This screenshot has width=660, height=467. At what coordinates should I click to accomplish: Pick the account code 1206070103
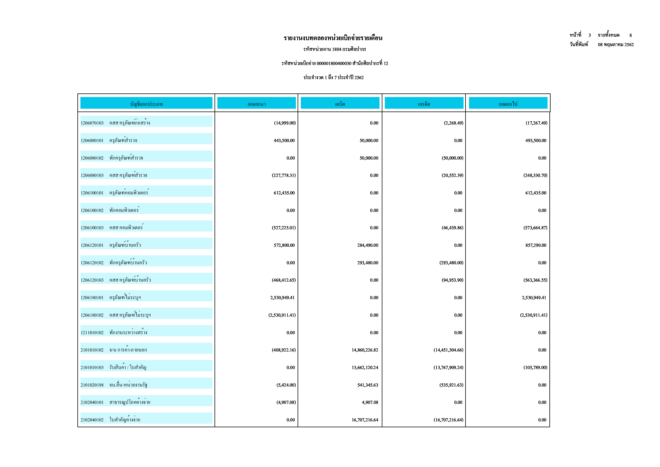[x=92, y=123]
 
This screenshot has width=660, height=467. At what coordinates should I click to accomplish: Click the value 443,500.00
[x=284, y=141]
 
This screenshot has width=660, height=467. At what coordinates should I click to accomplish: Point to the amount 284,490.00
[x=368, y=245]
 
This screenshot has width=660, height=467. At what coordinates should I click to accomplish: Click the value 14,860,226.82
[x=365, y=350]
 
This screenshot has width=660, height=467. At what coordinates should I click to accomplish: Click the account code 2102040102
[x=92, y=420]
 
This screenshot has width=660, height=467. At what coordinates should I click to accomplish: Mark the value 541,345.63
[x=368, y=385]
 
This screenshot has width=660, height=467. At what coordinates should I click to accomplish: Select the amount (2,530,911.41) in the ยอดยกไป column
[x=534, y=315]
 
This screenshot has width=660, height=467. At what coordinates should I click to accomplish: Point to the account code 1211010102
[x=92, y=333]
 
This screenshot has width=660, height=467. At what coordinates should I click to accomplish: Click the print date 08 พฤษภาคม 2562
[x=616, y=45]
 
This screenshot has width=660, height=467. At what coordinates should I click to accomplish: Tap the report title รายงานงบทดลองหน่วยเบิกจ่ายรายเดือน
[x=333, y=38]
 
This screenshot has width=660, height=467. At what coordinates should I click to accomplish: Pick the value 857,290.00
[x=536, y=245]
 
